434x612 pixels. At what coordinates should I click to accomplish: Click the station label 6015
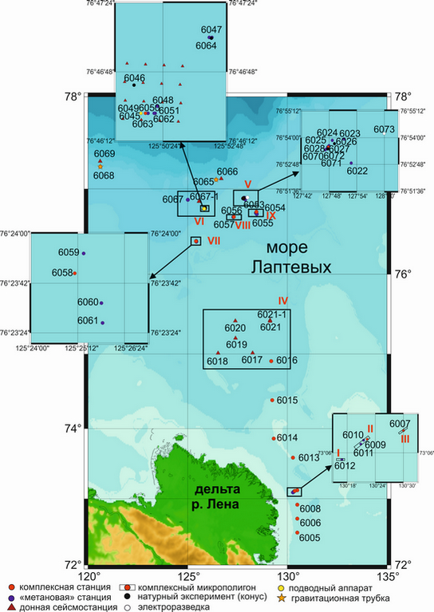coord(287,401)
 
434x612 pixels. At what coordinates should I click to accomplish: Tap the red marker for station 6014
coord(273,437)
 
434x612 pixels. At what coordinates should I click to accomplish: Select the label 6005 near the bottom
coord(310,538)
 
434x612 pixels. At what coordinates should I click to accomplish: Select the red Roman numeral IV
coord(282,301)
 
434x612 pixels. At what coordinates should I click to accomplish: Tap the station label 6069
coord(105,153)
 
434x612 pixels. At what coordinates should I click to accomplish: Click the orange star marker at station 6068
coord(101,166)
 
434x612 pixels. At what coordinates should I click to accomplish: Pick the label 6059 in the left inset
coord(69,253)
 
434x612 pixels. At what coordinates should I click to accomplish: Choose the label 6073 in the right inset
coord(385,129)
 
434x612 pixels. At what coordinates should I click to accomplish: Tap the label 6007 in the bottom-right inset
coord(400,423)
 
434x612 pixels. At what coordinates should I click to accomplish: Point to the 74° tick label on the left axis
coord(74,428)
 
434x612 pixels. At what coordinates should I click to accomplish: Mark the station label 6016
coord(287,361)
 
